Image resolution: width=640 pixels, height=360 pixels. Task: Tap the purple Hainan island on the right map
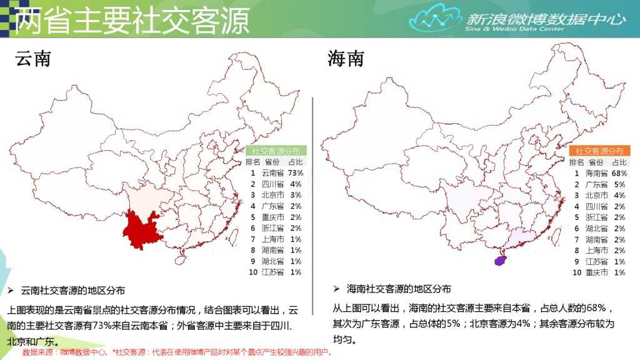(x=500, y=261)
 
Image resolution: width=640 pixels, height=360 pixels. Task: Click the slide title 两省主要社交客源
(x=131, y=20)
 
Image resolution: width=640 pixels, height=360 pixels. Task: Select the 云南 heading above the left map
(x=32, y=59)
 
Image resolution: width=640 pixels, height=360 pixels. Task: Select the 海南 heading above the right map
(x=345, y=59)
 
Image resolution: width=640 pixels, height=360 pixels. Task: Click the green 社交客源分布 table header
(x=276, y=151)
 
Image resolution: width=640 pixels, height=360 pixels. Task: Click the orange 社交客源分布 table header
(x=599, y=151)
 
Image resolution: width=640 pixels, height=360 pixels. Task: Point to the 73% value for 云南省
(x=296, y=173)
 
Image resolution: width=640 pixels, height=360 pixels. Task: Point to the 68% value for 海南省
(x=619, y=173)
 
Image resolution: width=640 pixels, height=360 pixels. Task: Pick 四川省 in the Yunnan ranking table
(x=272, y=184)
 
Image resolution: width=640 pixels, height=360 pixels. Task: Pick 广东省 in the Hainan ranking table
(x=596, y=184)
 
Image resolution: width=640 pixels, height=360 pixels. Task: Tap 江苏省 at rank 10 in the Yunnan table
(x=272, y=272)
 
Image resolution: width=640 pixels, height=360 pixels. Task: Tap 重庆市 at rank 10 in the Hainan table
(x=596, y=272)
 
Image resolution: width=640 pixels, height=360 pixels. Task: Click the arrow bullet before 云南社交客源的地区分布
(x=11, y=291)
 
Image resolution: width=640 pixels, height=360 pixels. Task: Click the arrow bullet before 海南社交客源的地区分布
(x=336, y=289)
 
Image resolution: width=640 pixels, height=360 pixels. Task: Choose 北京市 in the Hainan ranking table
(x=596, y=195)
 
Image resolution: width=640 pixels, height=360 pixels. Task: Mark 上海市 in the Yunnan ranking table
(x=272, y=239)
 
